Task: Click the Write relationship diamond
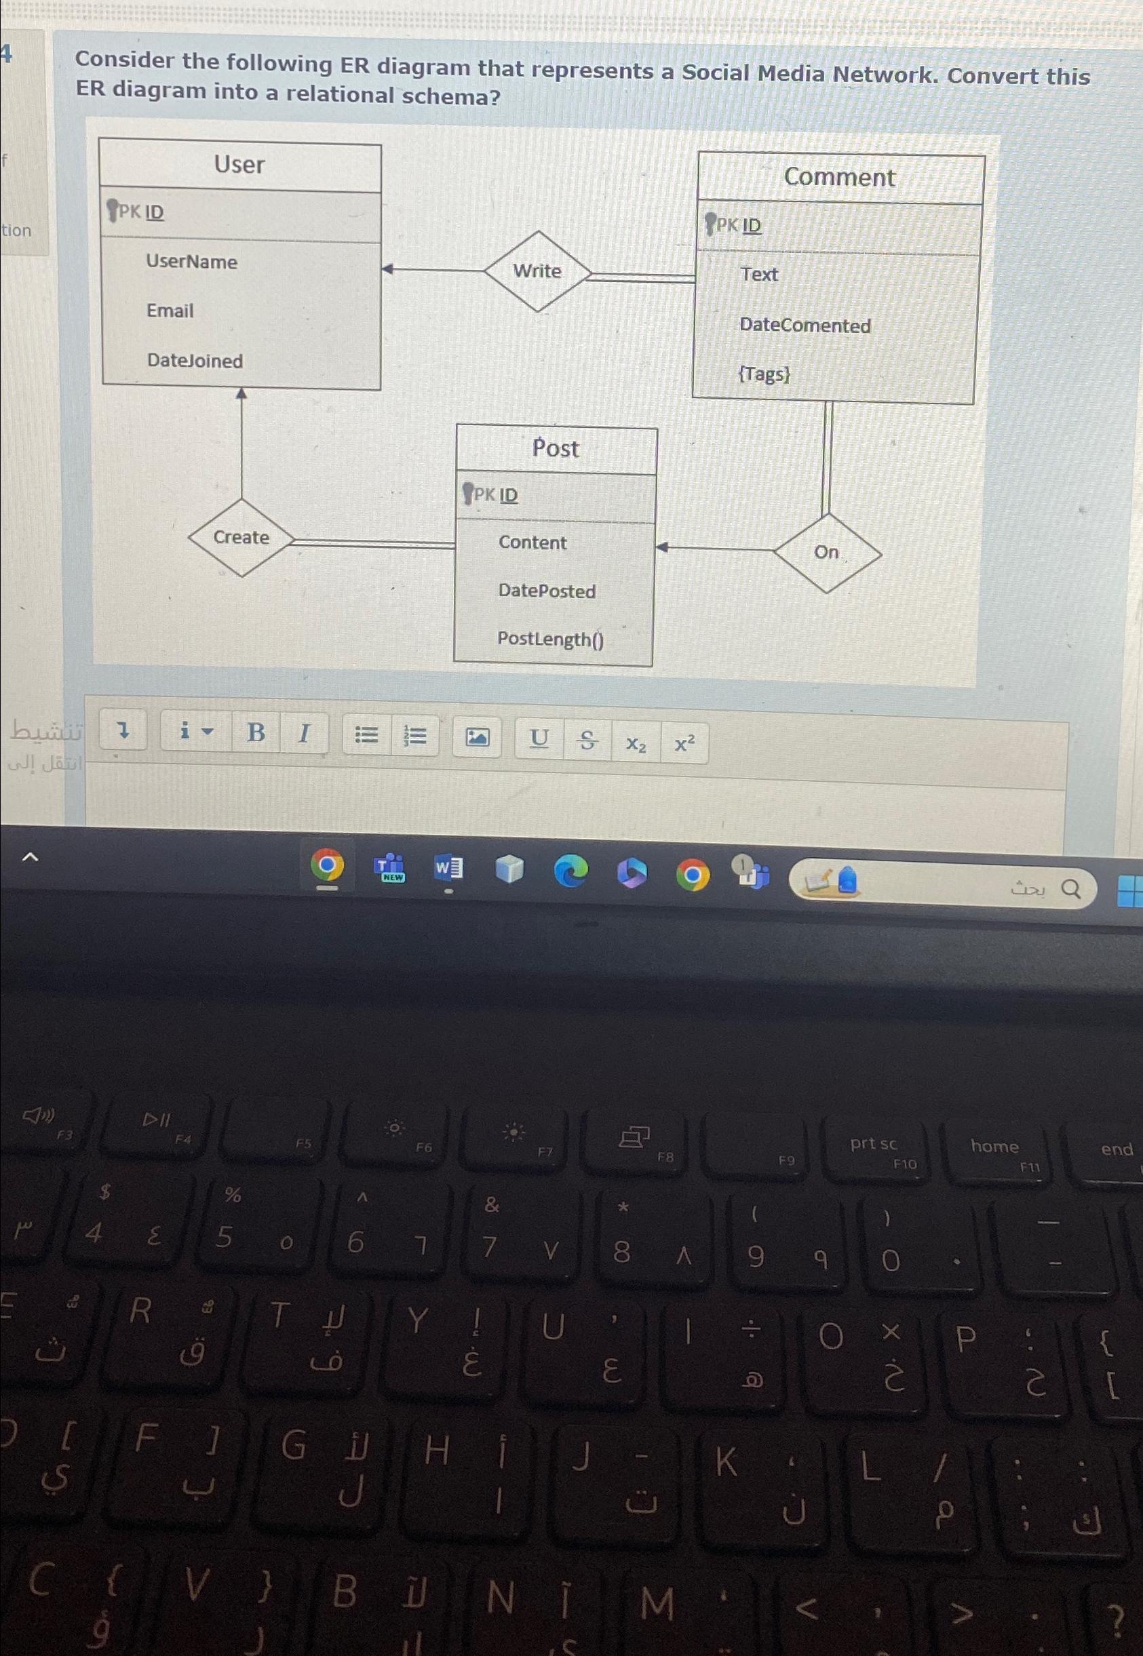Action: (x=537, y=271)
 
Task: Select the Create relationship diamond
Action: (x=241, y=538)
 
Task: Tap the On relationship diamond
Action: (x=826, y=552)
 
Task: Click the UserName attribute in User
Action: (x=191, y=262)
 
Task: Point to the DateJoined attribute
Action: (x=195, y=361)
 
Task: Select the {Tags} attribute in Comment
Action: (x=764, y=374)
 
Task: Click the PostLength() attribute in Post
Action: (x=550, y=639)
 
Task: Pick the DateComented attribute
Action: (x=805, y=326)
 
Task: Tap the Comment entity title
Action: (x=838, y=178)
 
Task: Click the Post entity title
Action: (x=556, y=449)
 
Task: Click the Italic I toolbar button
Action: (x=304, y=733)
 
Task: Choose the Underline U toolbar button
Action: (x=539, y=738)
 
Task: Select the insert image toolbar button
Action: (x=477, y=736)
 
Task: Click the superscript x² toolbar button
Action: (x=684, y=744)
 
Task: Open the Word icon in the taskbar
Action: (x=448, y=869)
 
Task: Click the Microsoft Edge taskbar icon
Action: (x=570, y=871)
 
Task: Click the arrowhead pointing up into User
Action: (x=242, y=394)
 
